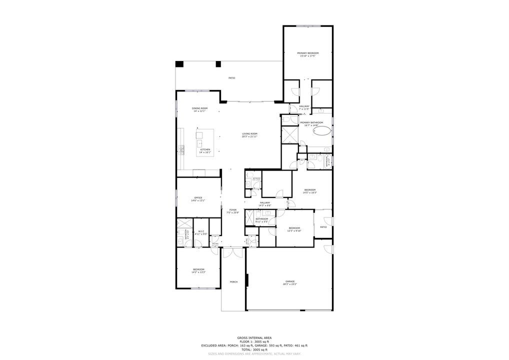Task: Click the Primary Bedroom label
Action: pyautogui.click(x=307, y=53)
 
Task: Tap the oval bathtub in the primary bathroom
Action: pyautogui.click(x=322, y=132)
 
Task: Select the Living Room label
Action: pyautogui.click(x=249, y=133)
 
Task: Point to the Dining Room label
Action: pyautogui.click(x=199, y=108)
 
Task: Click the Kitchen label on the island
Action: pyautogui.click(x=205, y=149)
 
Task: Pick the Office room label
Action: pyautogui.click(x=198, y=197)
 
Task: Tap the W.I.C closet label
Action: pyautogui.click(x=201, y=231)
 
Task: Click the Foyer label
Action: pyautogui.click(x=233, y=210)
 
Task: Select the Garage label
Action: pyautogui.click(x=290, y=281)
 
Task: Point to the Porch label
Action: pyautogui.click(x=233, y=282)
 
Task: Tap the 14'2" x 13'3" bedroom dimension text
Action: pyautogui.click(x=198, y=272)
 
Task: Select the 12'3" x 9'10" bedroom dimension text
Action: pyautogui.click(x=294, y=231)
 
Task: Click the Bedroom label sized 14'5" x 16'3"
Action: pyautogui.click(x=310, y=189)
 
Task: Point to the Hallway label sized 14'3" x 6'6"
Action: pyautogui.click(x=264, y=202)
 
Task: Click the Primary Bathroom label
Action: pyautogui.click(x=311, y=122)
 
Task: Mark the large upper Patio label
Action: pyautogui.click(x=232, y=78)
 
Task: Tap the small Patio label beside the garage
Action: pyautogui.click(x=323, y=227)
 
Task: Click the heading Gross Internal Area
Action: pyautogui.click(x=254, y=337)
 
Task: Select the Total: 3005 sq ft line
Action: pyautogui.click(x=254, y=349)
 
